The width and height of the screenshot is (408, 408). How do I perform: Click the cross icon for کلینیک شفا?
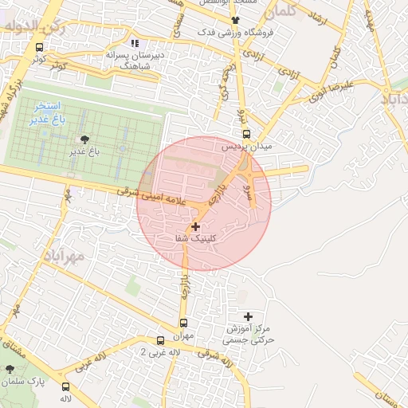pyautogui.click(x=196, y=227)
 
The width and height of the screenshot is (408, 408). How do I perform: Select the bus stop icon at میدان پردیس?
pyautogui.click(x=245, y=135)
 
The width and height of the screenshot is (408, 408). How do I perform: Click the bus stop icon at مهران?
pyautogui.click(x=184, y=324)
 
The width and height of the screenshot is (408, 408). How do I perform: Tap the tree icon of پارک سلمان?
pyautogui.click(x=10, y=370)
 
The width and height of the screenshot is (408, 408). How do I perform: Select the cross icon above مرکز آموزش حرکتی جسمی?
pyautogui.click(x=248, y=316)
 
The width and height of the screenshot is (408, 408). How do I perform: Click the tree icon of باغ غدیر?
pyautogui.click(x=76, y=139)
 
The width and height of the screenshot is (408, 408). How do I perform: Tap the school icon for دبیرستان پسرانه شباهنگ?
pyautogui.click(x=134, y=44)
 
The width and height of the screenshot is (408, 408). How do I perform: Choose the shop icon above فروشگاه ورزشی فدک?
pyautogui.click(x=234, y=21)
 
